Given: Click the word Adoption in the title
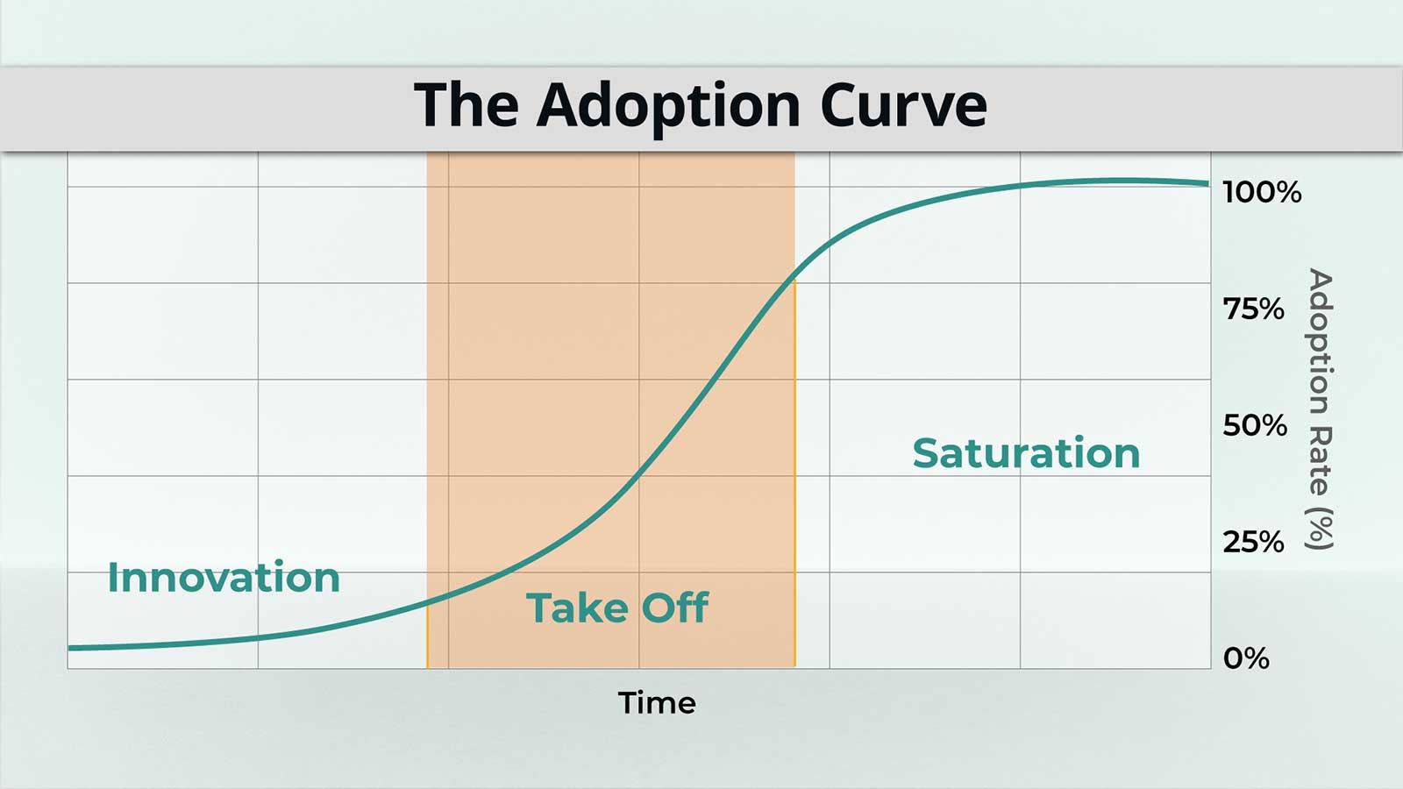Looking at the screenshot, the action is click(668, 107).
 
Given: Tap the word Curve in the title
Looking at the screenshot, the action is click(904, 104).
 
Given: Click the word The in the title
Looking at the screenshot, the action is click(466, 104).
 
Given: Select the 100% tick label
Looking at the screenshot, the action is click(1262, 192).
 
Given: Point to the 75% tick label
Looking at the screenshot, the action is click(1253, 309).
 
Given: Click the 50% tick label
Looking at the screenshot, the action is click(1255, 425).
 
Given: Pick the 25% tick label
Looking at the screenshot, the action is click(1253, 542).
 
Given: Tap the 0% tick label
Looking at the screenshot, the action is click(1246, 658).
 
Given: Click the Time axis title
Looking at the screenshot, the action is click(657, 703).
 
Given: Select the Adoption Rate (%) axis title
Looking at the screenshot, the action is click(1319, 409).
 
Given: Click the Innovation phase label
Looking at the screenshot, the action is click(224, 578).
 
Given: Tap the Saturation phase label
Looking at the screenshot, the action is click(1026, 452).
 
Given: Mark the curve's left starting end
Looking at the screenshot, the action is click(69, 648).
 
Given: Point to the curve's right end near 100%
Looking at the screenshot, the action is click(1207, 184).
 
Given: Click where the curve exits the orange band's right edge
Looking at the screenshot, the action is click(794, 273).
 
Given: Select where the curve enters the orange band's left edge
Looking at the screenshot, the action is click(428, 602).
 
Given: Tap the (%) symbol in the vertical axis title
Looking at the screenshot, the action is click(1319, 529).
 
